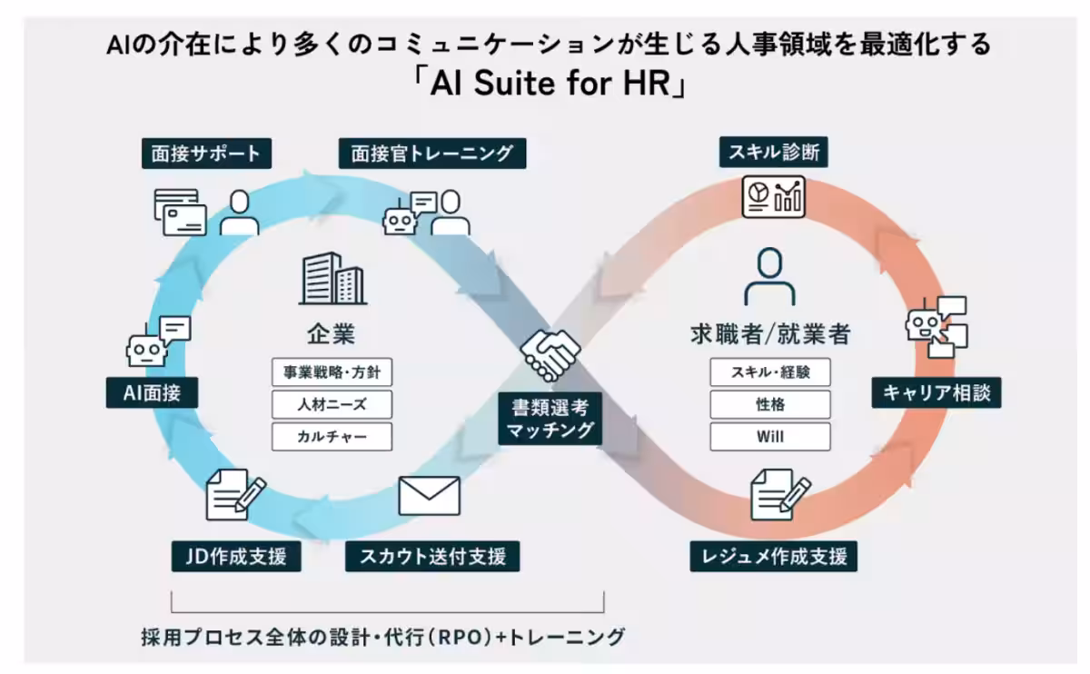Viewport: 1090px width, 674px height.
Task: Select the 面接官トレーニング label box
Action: (x=431, y=154)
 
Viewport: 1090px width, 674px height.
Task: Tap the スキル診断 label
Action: (x=774, y=152)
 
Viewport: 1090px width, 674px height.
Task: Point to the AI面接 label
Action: (x=152, y=393)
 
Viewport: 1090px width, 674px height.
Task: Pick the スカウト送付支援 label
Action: (x=432, y=555)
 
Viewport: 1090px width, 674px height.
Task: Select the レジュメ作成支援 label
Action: (x=774, y=555)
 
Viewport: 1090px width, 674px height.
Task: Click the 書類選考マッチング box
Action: (x=550, y=419)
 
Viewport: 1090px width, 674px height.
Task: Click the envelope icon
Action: (x=429, y=496)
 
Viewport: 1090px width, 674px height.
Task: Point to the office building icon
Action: (x=332, y=279)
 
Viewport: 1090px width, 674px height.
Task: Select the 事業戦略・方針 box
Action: (x=332, y=372)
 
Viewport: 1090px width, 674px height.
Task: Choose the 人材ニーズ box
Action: (x=332, y=403)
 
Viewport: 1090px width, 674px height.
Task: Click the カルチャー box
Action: (x=332, y=436)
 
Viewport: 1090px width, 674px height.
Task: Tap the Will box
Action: (x=770, y=436)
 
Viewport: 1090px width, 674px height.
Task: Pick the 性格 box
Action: (x=770, y=403)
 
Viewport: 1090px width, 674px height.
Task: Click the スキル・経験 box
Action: (x=770, y=372)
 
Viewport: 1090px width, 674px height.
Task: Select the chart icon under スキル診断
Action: (x=774, y=196)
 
